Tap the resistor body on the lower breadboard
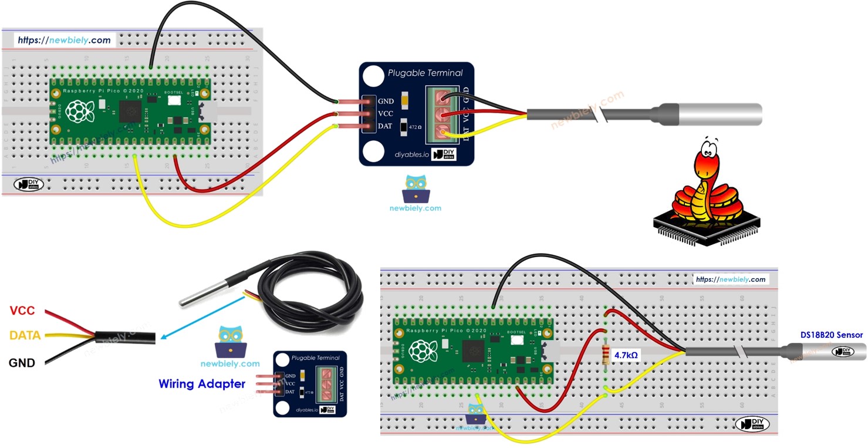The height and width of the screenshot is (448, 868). pyautogui.click(x=606, y=355)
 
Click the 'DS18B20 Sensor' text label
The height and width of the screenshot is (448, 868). pyautogui.click(x=831, y=335)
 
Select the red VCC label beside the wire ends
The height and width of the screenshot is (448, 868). pyautogui.click(x=22, y=311)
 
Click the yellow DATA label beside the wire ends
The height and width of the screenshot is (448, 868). pyautogui.click(x=25, y=335)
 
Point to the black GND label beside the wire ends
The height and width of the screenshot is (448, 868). pyautogui.click(x=22, y=362)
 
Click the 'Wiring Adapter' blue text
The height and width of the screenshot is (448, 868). pyautogui.click(x=202, y=384)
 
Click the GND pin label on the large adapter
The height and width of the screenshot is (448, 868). pyautogui.click(x=386, y=102)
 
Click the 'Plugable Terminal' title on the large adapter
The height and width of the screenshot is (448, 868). pyautogui.click(x=425, y=73)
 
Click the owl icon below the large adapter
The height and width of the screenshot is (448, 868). pyautogui.click(x=416, y=189)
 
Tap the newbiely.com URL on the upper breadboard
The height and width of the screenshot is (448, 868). pyautogui.click(x=64, y=41)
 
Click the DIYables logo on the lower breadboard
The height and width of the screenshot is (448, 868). pyautogui.click(x=752, y=423)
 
